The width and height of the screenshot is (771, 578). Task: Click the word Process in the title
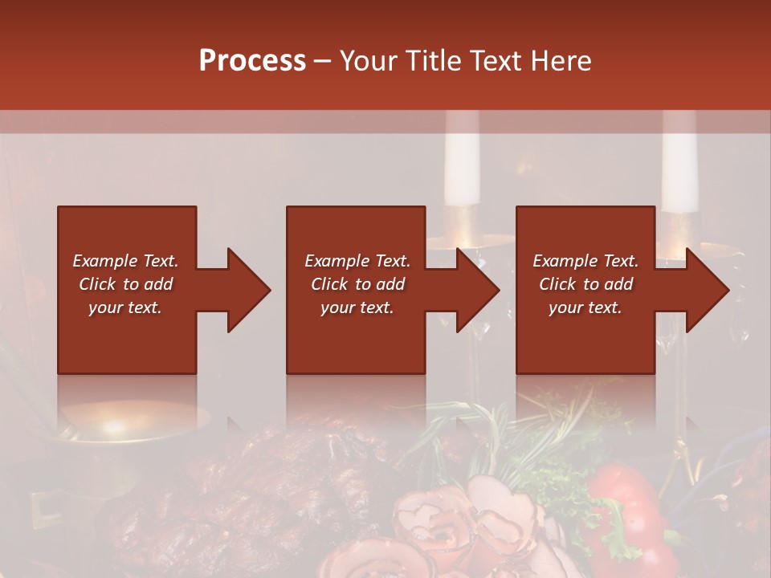click(x=252, y=61)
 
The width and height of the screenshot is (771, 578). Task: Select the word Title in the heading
click(x=434, y=61)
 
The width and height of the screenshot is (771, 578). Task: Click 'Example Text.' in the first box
click(x=125, y=261)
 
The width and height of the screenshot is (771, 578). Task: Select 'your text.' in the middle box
click(x=357, y=307)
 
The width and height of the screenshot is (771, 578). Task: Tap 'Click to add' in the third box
click(x=585, y=284)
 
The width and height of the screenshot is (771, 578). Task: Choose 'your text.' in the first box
click(x=125, y=307)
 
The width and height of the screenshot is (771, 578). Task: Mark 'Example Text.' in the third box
click(x=585, y=261)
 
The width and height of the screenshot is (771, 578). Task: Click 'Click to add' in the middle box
click(x=357, y=284)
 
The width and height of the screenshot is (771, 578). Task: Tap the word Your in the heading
click(x=369, y=61)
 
